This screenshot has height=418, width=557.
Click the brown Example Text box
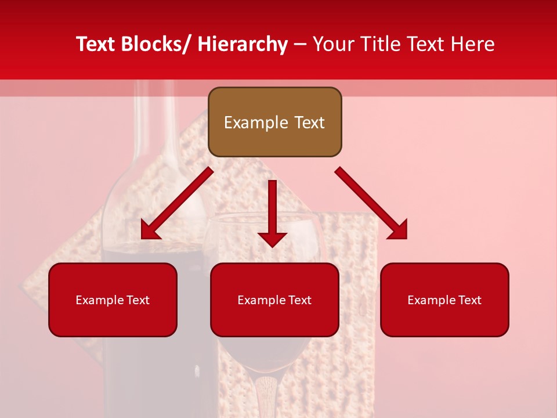point(274,122)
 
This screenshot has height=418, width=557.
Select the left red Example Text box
point(113,300)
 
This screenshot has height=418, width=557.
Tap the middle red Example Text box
point(274,300)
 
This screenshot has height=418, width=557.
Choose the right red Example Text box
point(444,300)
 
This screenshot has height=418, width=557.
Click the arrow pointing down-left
point(177,204)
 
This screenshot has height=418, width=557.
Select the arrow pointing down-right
point(371,203)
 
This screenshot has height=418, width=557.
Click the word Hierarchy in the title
point(243,44)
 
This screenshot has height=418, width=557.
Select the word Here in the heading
point(473,44)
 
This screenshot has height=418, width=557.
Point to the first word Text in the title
point(96,44)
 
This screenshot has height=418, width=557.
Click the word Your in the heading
point(334,44)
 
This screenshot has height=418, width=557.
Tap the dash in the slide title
point(300,44)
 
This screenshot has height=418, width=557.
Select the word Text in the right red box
point(469,300)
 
